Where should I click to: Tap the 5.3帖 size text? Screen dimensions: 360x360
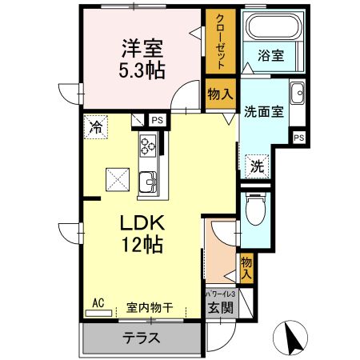coord(143,70)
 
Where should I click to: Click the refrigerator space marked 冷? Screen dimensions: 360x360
coord(96,126)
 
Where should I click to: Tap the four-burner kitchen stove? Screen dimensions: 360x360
coord(149,146)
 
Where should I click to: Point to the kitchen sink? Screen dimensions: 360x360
coord(148,184)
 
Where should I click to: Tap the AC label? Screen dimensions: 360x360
coord(98,302)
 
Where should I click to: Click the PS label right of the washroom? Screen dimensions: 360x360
coord(298,138)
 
